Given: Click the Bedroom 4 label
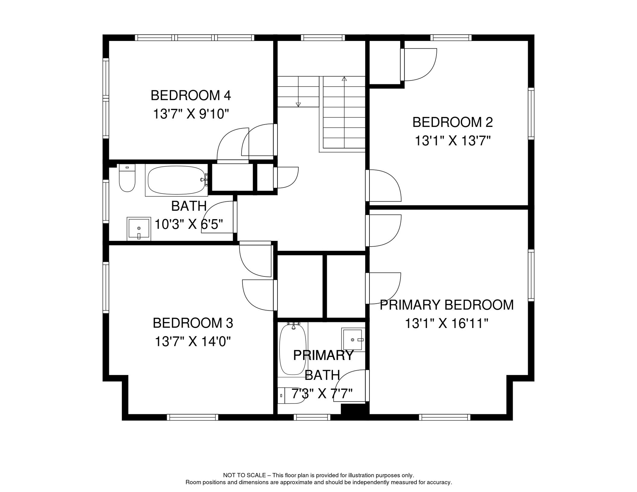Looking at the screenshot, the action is pyautogui.click(x=191, y=95).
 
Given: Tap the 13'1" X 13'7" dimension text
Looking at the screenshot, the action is pyautogui.click(x=452, y=141).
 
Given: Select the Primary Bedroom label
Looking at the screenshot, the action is pyautogui.click(x=446, y=305).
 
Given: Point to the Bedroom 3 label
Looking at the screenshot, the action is pyautogui.click(x=193, y=323).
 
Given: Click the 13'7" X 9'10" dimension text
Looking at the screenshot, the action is pyautogui.click(x=191, y=114).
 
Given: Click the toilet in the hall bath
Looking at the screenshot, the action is pyautogui.click(x=127, y=178).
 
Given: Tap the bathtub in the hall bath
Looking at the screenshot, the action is pyautogui.click(x=177, y=180).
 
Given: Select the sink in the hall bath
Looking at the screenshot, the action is pyautogui.click(x=139, y=229).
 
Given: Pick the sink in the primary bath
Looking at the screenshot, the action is pyautogui.click(x=353, y=340).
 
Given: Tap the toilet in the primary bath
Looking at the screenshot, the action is pyautogui.click(x=291, y=396).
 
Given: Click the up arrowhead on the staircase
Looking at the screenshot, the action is pyautogui.click(x=344, y=79).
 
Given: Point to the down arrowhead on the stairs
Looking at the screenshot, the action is pyautogui.click(x=298, y=104).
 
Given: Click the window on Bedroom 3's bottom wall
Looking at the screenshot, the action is pyautogui.click(x=193, y=417).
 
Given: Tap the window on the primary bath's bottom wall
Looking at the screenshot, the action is pyautogui.click(x=312, y=417).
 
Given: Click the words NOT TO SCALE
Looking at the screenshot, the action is pyautogui.click(x=244, y=475).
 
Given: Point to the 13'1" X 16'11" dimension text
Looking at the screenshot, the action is pyautogui.click(x=446, y=324).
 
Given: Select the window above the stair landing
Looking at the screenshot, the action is pyautogui.click(x=323, y=37).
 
